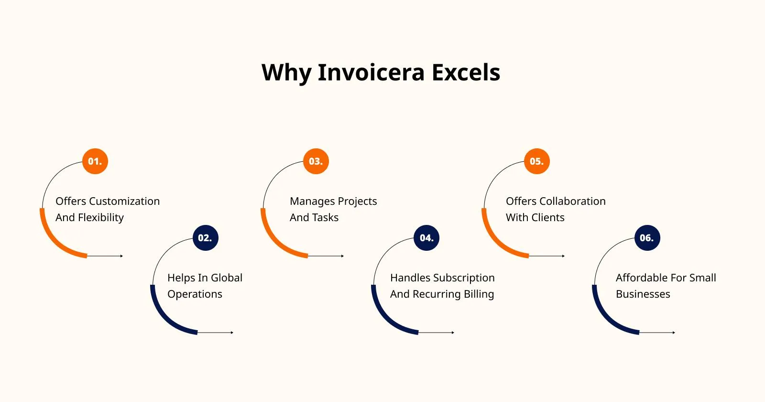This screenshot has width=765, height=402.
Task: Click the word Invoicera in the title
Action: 371,72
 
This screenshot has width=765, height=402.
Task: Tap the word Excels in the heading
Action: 466,72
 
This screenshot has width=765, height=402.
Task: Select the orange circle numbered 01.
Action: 95,161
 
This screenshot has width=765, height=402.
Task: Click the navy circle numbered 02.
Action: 205,238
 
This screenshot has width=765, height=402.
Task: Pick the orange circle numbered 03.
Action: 316,161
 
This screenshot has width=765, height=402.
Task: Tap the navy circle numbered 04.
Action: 426,238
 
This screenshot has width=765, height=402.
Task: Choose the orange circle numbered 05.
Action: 537,161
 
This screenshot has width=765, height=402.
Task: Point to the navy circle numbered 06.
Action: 647,238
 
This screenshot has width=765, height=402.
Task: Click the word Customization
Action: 124,201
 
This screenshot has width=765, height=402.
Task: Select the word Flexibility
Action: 101,218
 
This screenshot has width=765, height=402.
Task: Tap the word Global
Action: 227,278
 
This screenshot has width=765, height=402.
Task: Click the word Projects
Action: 357,201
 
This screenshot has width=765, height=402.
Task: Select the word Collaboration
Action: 572,201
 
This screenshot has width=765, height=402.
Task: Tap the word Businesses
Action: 643,294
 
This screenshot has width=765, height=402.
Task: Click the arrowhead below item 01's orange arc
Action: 121,256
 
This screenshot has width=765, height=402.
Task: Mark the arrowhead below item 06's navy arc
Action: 674,333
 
